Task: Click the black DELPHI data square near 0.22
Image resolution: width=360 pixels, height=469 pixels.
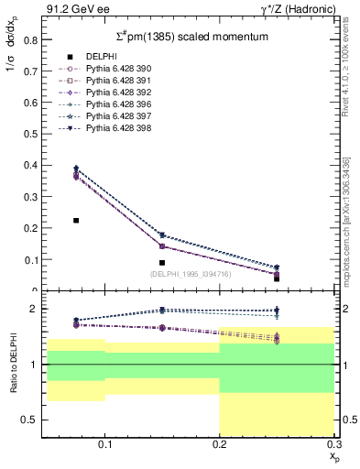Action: click(76, 221)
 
